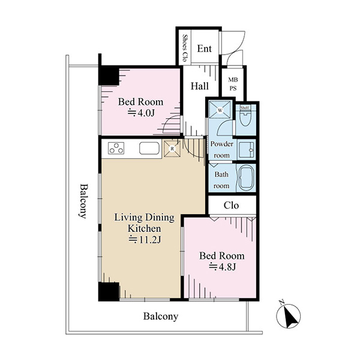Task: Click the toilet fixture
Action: coord(245,118)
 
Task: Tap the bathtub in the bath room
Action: coord(247,177)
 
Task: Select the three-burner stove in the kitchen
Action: coord(116,148)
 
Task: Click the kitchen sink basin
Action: coord(149,148)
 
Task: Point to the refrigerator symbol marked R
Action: coord(172,149)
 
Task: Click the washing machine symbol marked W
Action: coord(220,110)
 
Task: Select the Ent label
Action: coord(205,49)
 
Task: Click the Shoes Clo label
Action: coord(184,48)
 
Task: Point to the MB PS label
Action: coord(233,84)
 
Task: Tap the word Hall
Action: coord(200,86)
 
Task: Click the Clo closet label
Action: coord(231,205)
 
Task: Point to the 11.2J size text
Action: coord(145,239)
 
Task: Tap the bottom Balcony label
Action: coord(161,316)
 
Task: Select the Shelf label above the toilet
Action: coord(245,107)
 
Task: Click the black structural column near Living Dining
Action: coord(109,292)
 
